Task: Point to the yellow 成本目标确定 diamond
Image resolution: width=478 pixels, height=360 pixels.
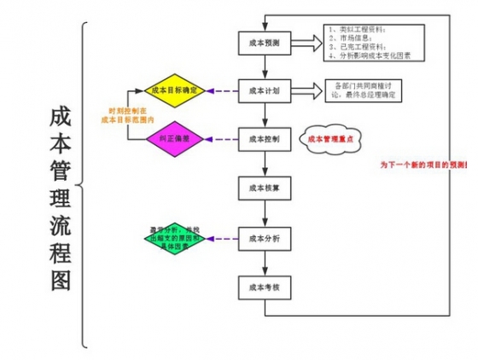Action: point(174,90)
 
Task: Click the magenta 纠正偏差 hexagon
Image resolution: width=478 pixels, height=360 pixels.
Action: point(174,138)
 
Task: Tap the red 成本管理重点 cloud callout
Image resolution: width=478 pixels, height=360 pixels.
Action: point(331,139)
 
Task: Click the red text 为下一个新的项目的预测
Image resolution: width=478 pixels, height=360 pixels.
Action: point(423,164)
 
